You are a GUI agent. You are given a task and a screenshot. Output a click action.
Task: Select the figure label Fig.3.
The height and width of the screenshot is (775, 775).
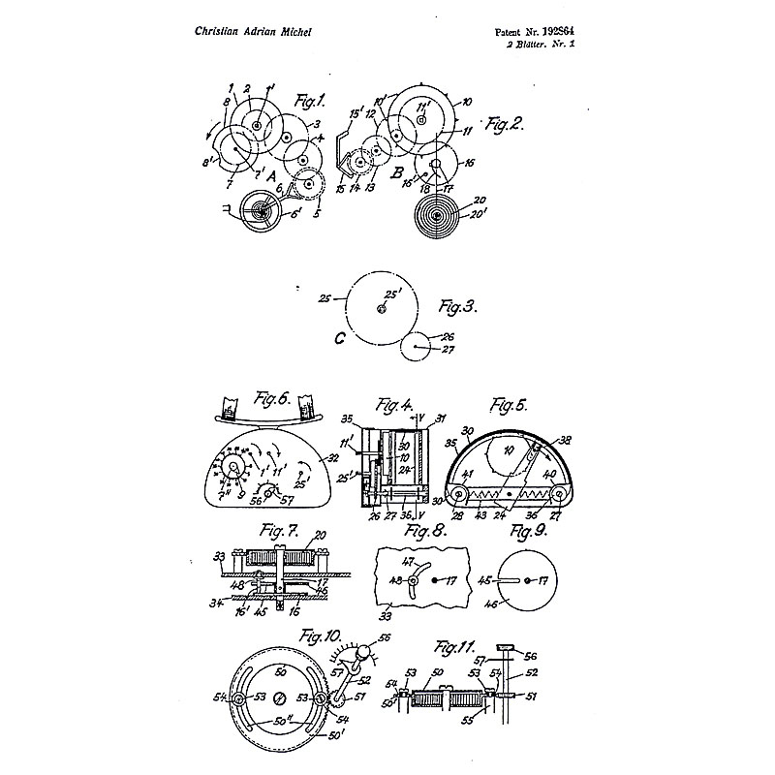click(x=456, y=307)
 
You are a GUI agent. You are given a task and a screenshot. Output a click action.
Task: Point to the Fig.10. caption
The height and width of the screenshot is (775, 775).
click(x=317, y=638)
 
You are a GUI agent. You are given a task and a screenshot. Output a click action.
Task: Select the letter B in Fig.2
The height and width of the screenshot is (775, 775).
click(x=397, y=172)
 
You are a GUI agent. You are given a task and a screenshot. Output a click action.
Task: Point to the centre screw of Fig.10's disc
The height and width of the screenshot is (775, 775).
click(x=279, y=697)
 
